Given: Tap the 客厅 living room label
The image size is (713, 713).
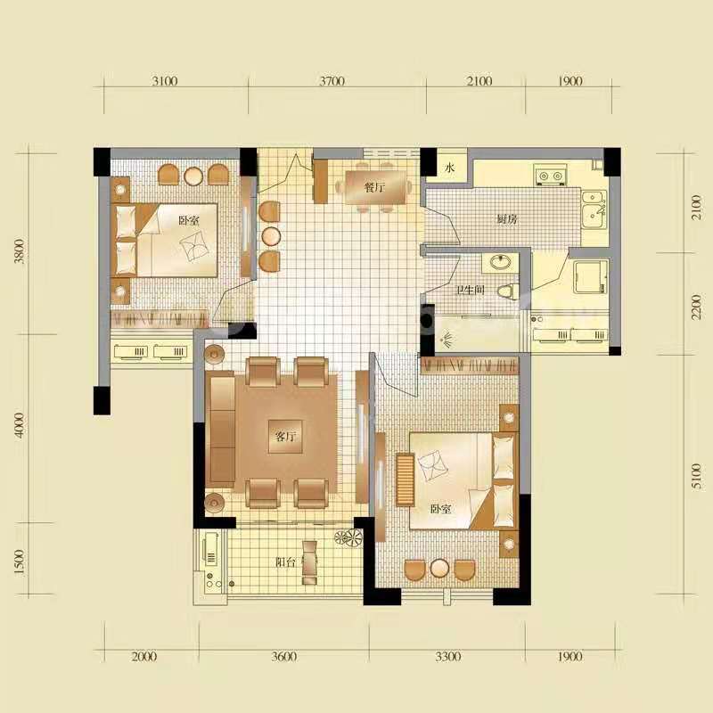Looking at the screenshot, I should click(x=285, y=437).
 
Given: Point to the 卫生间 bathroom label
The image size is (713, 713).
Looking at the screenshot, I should click(x=470, y=290).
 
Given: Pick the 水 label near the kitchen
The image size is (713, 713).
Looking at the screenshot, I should click(x=450, y=168).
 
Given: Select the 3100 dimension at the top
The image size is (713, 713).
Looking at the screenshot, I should click(x=165, y=82).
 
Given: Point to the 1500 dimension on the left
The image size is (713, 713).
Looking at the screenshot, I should click(x=20, y=561).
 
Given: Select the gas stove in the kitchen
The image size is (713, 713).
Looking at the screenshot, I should click(x=546, y=175).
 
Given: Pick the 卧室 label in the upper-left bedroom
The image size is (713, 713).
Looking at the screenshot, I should click(x=188, y=220).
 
